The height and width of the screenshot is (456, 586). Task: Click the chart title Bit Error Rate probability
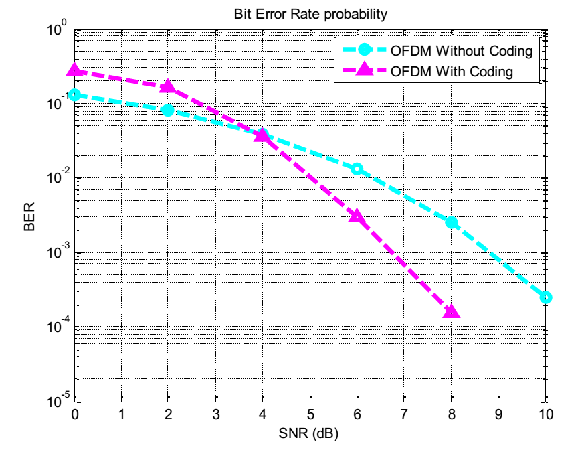coord(310,14)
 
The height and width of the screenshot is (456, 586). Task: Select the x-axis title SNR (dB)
coord(310,434)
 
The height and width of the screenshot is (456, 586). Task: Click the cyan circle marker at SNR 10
coord(546,297)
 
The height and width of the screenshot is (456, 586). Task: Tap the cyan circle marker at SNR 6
coord(357,169)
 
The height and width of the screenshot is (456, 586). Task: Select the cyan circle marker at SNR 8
coord(452,222)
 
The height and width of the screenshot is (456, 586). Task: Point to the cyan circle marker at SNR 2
coord(169,110)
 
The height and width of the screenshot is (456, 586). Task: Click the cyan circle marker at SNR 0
coord(74,95)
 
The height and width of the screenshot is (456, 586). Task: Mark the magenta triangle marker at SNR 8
coord(452,311)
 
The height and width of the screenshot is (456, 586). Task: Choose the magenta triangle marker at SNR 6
coord(357,216)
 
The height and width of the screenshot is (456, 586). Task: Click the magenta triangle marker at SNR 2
coord(169,86)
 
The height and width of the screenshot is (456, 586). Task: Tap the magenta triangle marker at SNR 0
coord(74,70)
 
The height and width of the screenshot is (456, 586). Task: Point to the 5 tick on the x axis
coord(310,416)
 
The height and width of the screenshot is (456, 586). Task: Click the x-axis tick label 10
coord(546,416)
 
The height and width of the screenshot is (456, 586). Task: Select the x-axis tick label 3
coord(215,416)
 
